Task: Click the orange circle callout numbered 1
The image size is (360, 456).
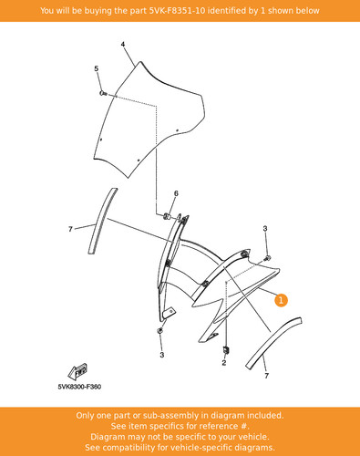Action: pos(281,300)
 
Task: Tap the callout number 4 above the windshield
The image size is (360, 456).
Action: pos(123,45)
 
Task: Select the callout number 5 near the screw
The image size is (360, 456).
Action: pos(97,68)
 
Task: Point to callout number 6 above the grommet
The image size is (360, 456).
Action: pos(176,193)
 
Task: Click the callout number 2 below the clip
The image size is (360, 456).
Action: pos(224,363)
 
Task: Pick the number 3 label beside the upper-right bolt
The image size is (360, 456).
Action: pos(265,228)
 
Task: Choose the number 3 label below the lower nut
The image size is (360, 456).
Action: pos(162,355)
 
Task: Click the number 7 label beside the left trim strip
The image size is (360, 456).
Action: pos(70,229)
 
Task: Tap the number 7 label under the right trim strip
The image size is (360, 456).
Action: pos(266,376)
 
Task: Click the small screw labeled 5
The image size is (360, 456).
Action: pos(103,93)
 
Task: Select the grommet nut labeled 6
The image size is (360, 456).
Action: pos(167,216)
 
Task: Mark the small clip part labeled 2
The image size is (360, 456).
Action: pos(226,350)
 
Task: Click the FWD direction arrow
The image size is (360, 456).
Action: pos(77,371)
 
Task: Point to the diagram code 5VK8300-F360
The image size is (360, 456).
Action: pos(79,387)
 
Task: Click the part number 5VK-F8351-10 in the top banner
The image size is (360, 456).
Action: pos(177,11)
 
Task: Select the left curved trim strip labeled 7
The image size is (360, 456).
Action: pos(102,221)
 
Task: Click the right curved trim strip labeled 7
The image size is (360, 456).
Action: pos(273,343)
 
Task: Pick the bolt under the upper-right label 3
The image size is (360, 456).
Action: pos(267,259)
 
